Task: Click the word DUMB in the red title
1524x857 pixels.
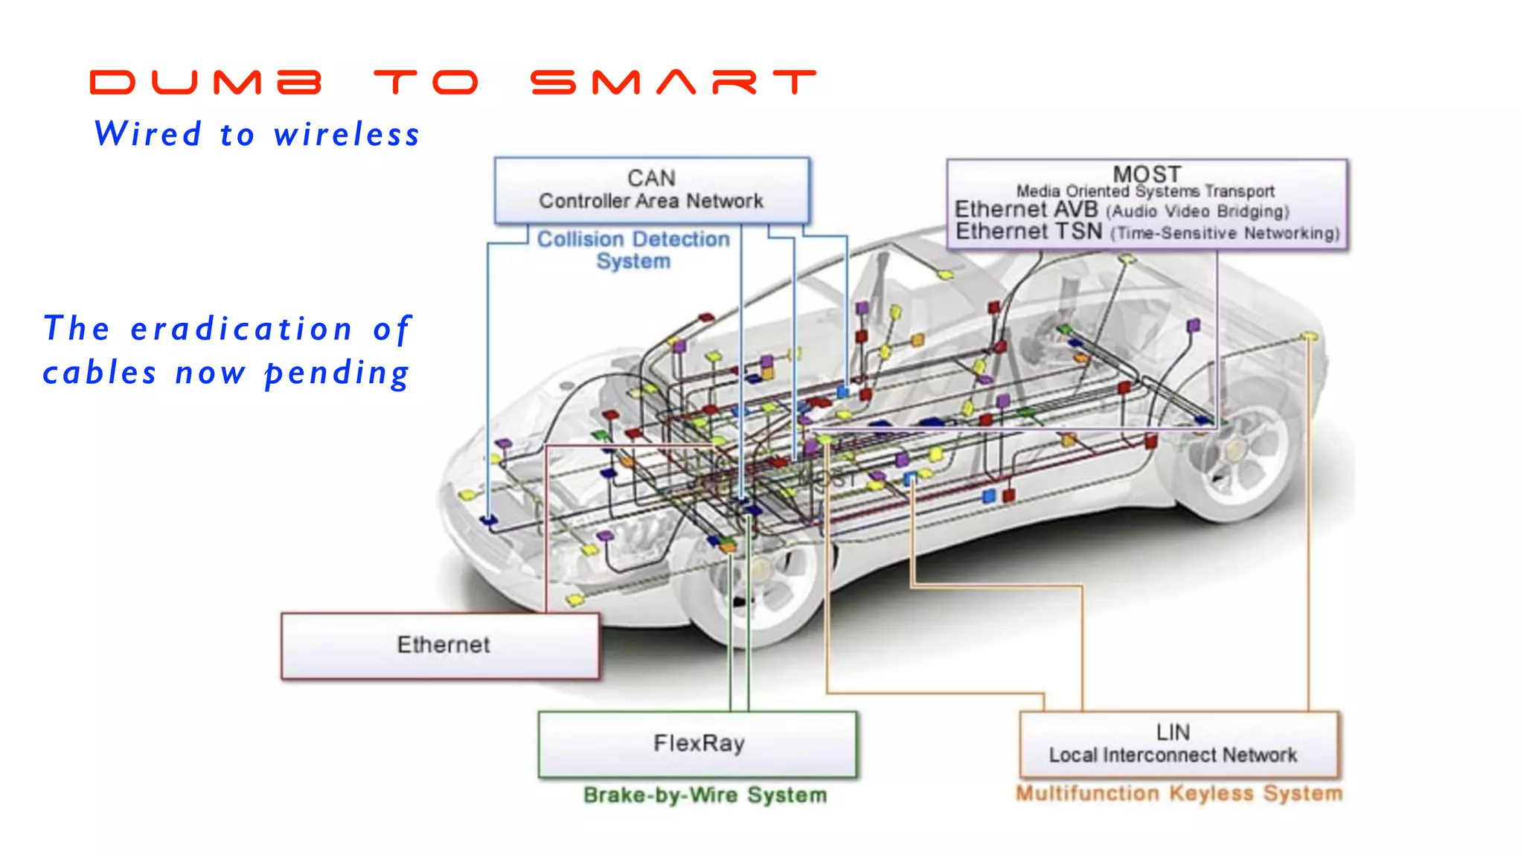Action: click(x=205, y=82)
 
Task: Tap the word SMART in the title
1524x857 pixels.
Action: click(x=673, y=82)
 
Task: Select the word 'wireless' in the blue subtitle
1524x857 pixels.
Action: click(x=347, y=135)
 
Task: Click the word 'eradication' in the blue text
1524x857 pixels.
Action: click(x=242, y=329)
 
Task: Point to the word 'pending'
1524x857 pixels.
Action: click(x=337, y=373)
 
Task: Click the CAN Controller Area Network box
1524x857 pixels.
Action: click(x=651, y=190)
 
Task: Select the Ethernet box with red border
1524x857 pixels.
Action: click(x=441, y=645)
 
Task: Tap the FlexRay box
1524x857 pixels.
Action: click(x=698, y=743)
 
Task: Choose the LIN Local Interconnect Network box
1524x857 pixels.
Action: click(x=1178, y=744)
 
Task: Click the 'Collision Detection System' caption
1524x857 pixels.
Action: click(x=633, y=250)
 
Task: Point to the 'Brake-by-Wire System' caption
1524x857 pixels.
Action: click(x=705, y=795)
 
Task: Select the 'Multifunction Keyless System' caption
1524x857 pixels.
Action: click(x=1179, y=794)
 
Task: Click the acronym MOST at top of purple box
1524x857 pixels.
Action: click(x=1147, y=174)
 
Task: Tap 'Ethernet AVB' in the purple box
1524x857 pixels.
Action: click(x=1026, y=210)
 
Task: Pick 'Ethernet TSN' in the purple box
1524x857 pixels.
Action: click(x=1028, y=231)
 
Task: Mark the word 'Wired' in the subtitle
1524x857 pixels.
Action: click(x=148, y=135)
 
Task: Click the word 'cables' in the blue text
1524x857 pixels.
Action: click(x=100, y=373)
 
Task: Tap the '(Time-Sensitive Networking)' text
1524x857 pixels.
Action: click(x=1225, y=234)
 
